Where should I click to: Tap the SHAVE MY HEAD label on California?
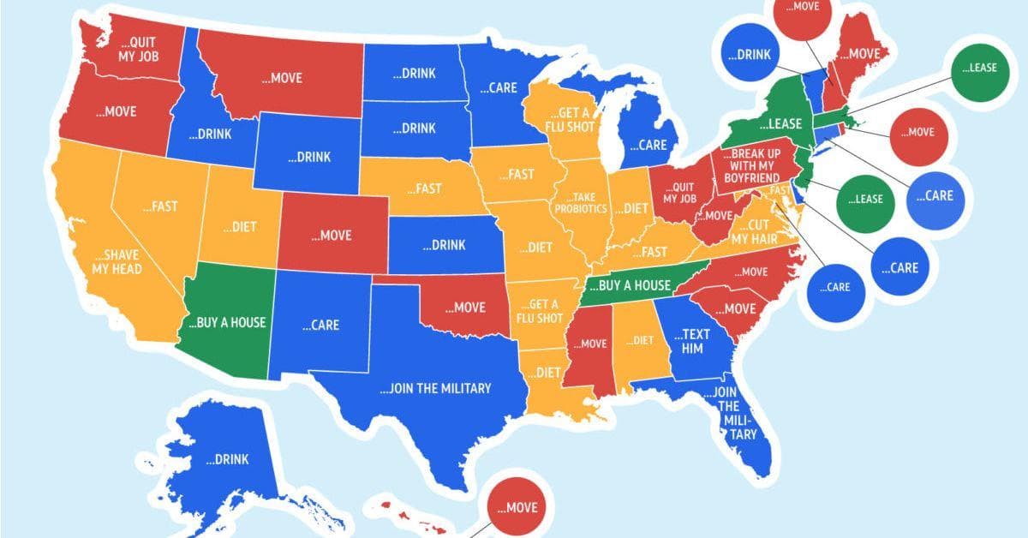117,262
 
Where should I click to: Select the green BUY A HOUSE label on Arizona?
226,323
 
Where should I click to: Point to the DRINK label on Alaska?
227,459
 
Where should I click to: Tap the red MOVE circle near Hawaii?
516,507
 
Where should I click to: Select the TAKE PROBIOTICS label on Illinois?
580,203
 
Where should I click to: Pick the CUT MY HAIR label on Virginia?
754,232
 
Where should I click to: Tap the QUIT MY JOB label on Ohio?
678,194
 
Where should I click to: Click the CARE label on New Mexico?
320,325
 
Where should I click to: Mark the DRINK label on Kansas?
444,245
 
